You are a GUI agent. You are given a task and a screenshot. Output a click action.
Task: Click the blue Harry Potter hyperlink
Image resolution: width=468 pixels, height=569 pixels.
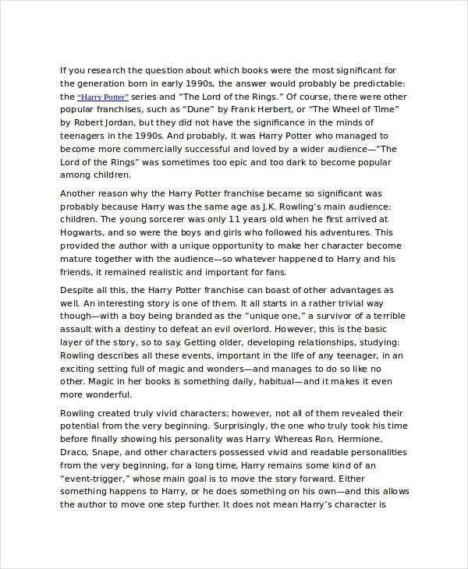pos(102,97)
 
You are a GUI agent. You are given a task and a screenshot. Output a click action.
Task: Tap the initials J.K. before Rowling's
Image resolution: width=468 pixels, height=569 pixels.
pos(250,206)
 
